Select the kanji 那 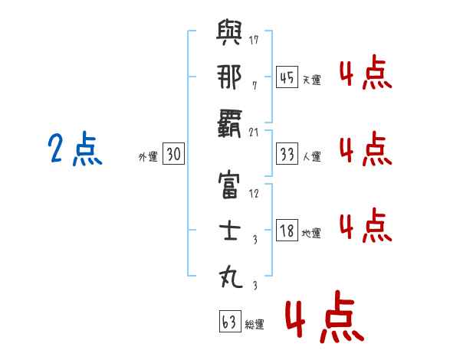229,77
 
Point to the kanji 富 229,186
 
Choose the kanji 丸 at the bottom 229,276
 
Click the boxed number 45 286,77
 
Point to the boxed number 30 173,154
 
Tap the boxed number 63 228,322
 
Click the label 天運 311,80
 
